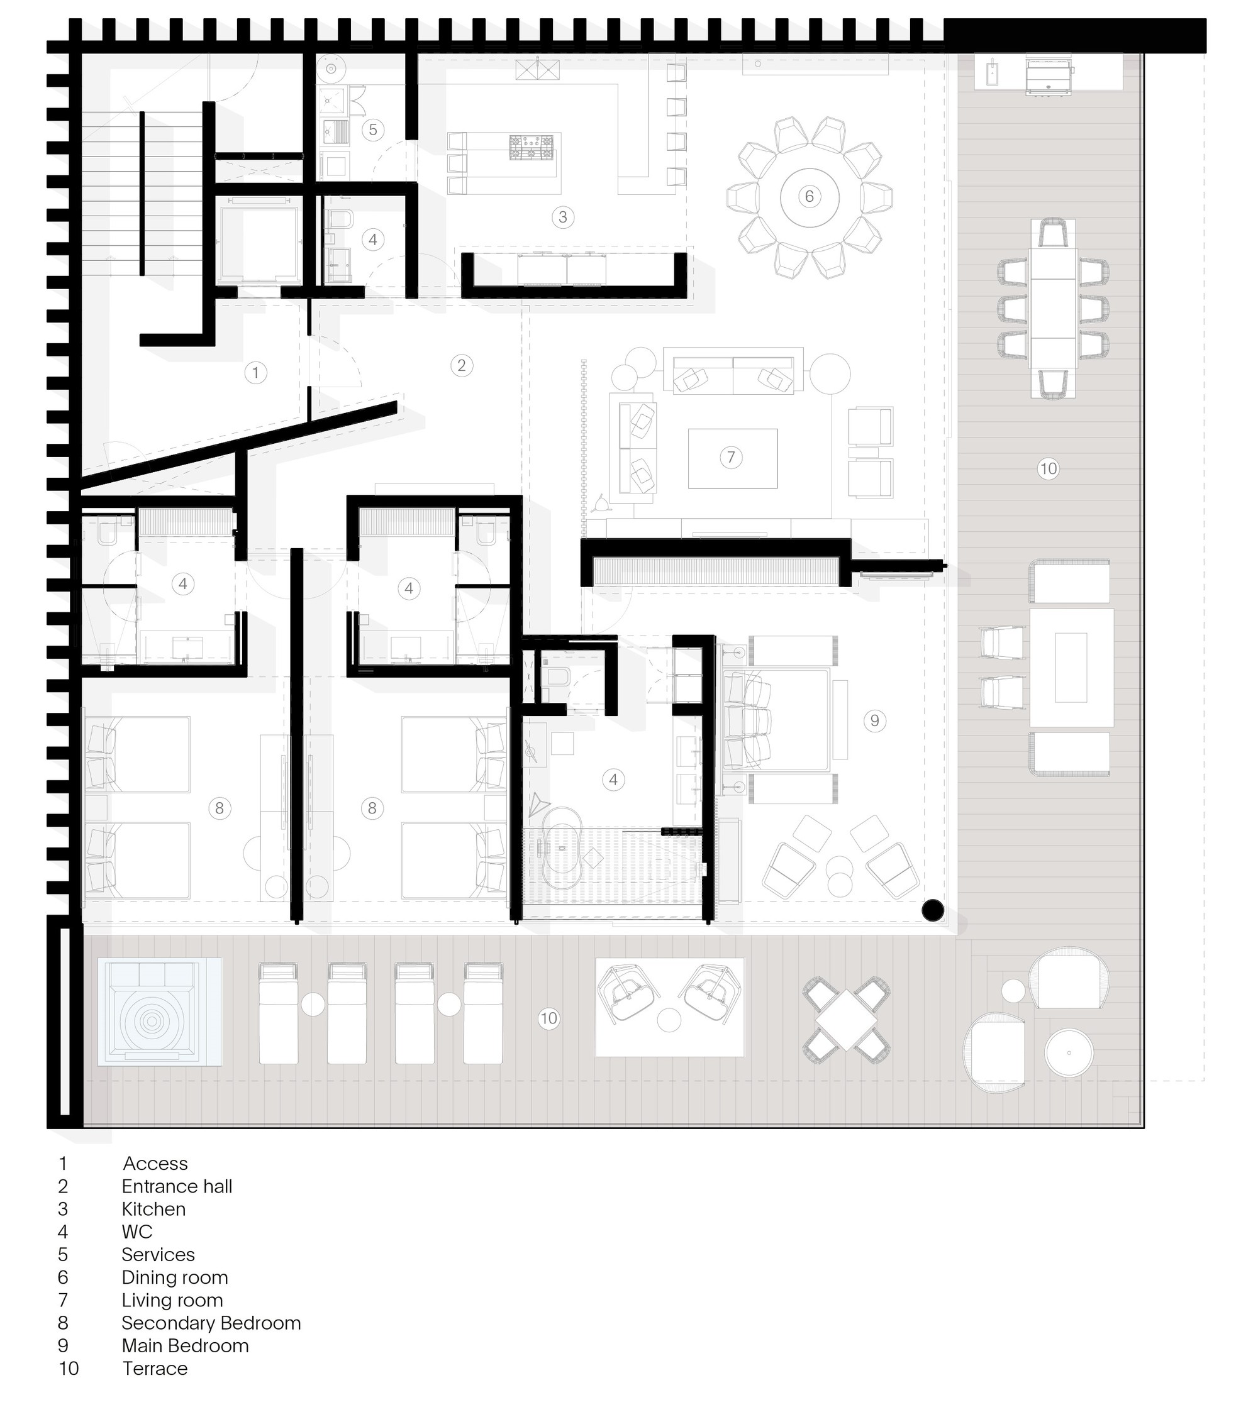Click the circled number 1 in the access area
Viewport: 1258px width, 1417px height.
coord(255,373)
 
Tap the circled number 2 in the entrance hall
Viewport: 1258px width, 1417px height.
coord(461,365)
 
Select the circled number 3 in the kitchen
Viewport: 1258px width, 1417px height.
coord(562,217)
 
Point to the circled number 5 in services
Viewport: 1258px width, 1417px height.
coord(373,130)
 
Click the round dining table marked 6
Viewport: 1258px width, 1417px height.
coord(810,197)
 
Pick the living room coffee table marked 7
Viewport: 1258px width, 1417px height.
coord(732,458)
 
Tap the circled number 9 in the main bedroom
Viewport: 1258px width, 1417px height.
coord(874,721)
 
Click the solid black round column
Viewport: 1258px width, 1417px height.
coord(933,910)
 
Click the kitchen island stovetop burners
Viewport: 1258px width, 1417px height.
coord(532,147)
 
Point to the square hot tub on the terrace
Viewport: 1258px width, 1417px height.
coord(160,1012)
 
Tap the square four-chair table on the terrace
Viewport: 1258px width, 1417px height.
coord(846,1020)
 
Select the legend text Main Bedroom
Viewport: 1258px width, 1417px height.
coord(185,1345)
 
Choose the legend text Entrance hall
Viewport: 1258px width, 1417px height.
coord(177,1186)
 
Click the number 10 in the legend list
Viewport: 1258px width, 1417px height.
coord(69,1369)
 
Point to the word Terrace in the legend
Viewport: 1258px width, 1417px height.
coord(155,1369)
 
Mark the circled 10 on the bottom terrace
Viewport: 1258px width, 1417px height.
coord(548,1018)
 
